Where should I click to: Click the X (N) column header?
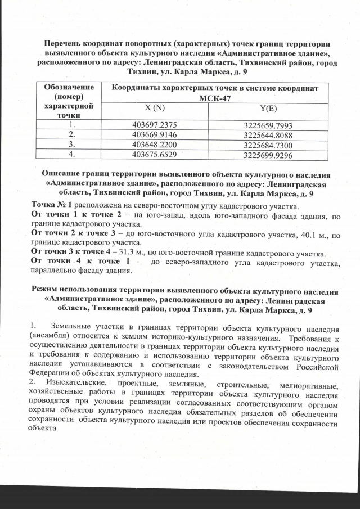click(152, 108)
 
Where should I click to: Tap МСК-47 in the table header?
click(215, 98)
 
